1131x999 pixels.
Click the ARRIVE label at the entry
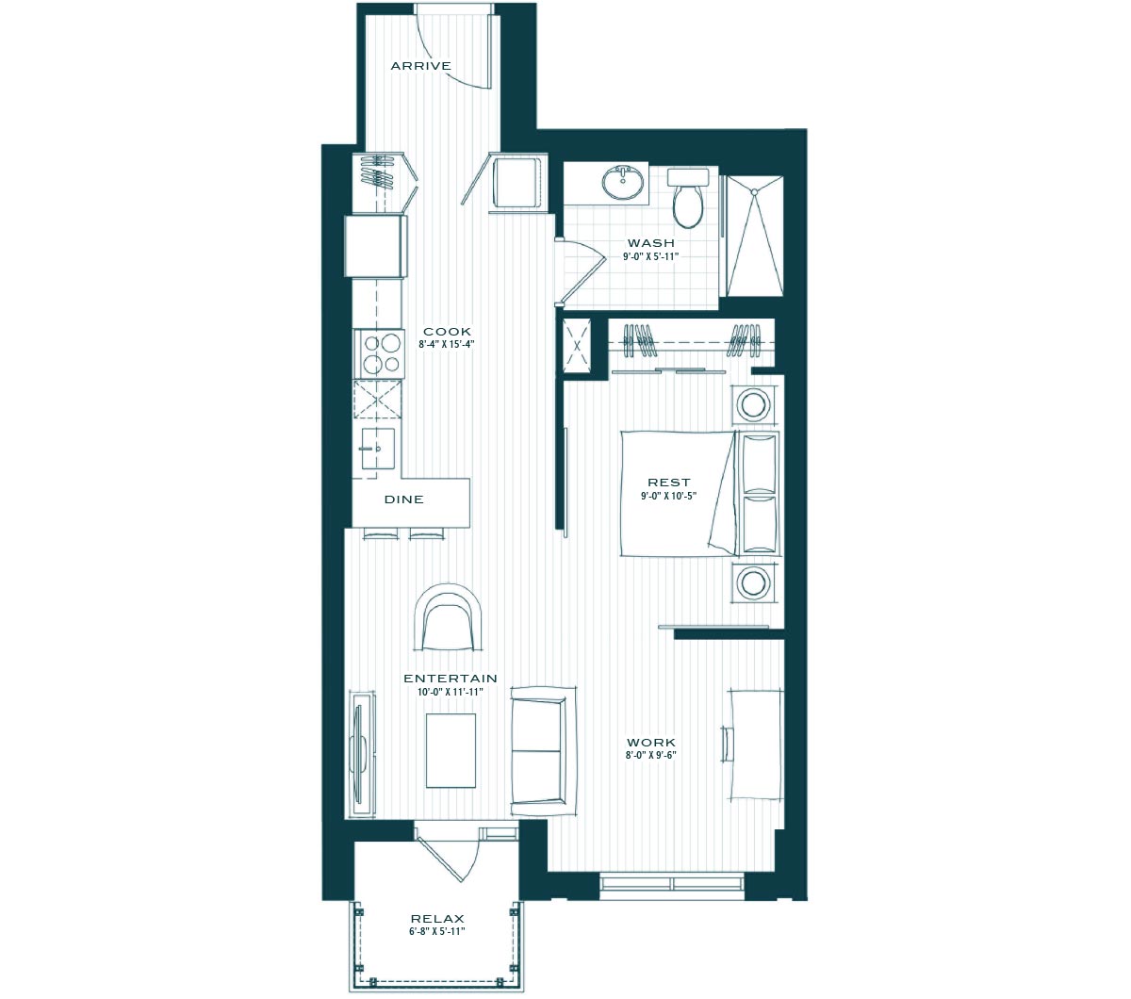tap(420, 66)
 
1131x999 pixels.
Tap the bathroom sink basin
tap(622, 182)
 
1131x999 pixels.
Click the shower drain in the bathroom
tap(754, 191)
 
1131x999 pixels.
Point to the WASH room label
tap(651, 243)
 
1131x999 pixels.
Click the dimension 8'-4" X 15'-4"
tap(446, 345)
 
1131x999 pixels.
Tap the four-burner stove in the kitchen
tap(378, 353)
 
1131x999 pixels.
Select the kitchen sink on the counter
tap(378, 448)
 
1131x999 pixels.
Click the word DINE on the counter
tap(403, 499)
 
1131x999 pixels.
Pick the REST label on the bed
tap(669, 482)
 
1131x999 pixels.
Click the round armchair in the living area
tap(448, 617)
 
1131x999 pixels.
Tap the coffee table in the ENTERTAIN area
tap(451, 750)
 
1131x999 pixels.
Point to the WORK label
tap(651, 743)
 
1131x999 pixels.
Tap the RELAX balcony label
tap(437, 919)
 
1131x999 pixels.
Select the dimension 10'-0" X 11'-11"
tap(450, 692)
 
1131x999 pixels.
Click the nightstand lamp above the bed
tap(755, 402)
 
